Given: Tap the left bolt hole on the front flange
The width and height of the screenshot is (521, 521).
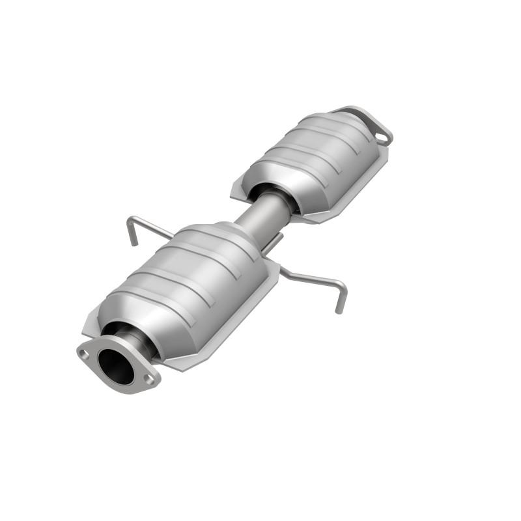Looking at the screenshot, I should point(83,353).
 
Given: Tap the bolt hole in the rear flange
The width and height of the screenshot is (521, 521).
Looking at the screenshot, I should point(382,137).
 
